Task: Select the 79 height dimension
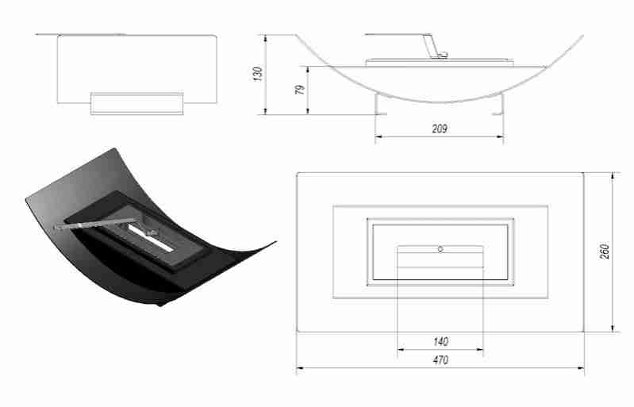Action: tap(300, 90)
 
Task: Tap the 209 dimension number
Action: tap(439, 129)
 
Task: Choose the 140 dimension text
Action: tap(441, 342)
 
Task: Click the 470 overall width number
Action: tap(441, 361)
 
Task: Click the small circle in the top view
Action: tap(440, 249)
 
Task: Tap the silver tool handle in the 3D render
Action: tap(87, 226)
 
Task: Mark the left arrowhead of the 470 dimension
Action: tap(299, 368)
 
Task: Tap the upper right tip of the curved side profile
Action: tap(582, 36)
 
